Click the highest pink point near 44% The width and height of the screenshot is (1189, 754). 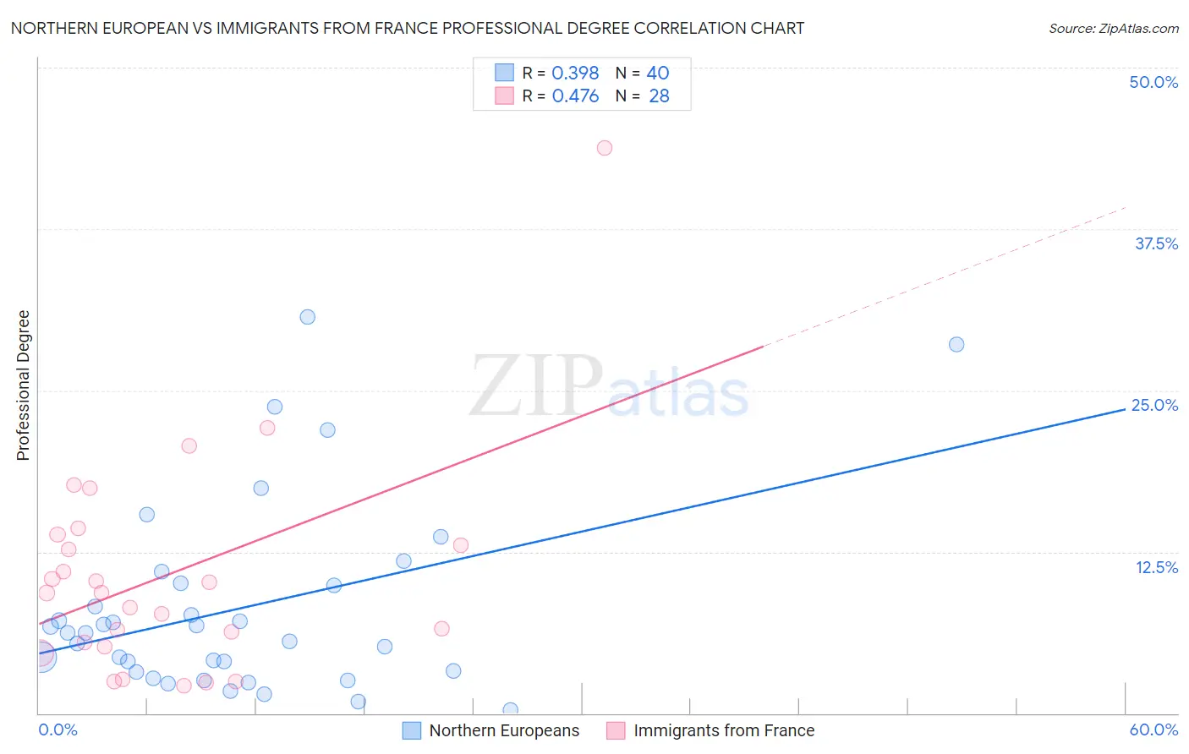coord(604,148)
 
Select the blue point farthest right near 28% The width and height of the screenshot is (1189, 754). coord(956,344)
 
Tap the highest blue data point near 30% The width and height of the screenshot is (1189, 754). coord(308,317)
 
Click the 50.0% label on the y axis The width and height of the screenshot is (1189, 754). coord(1153,82)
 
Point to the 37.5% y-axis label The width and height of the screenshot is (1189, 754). coord(1156,243)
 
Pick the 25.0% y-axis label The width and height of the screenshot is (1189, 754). coord(1154,405)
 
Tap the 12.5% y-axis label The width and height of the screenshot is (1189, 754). coord(1156,567)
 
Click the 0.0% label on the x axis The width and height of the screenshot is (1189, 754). coord(58,729)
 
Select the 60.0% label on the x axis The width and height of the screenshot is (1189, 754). coord(1153,729)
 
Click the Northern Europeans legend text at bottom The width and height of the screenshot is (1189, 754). coord(504,730)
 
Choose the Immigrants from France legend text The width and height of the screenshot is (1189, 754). coord(724,730)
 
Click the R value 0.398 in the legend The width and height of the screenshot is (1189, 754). coord(575,74)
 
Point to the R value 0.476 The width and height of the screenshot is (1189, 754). coord(575,96)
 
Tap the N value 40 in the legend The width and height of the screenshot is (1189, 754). coord(658,74)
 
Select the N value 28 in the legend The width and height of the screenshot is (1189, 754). coord(659,96)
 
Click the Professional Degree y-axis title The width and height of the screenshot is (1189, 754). coord(24,385)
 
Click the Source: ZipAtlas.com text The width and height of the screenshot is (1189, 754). coord(1113,29)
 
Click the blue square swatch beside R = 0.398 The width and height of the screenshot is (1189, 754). coord(504,73)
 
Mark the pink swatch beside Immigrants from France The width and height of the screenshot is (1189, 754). coord(616,730)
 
